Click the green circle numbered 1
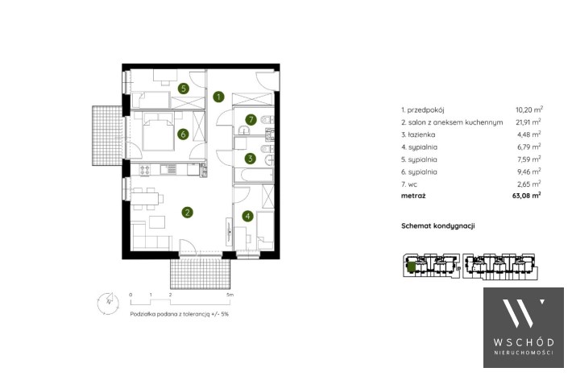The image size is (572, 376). click(218, 97)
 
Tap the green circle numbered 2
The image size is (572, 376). click(188, 213)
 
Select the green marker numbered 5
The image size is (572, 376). click(184, 89)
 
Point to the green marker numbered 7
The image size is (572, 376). click(251, 119)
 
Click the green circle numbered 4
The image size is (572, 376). click(247, 216)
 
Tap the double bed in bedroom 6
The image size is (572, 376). click(158, 131)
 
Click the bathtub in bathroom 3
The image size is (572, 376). click(254, 175)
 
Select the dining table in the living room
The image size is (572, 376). click(145, 199)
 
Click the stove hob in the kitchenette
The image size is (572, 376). click(145, 170)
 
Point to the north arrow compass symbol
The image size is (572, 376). click(108, 303)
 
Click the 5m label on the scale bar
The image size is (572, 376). click(230, 295)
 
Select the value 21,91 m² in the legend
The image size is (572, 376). click(528, 122)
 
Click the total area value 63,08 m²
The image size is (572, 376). click(526, 196)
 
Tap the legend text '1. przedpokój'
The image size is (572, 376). click(423, 109)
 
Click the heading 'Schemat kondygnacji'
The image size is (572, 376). click(437, 225)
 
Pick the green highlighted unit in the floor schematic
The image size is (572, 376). click(411, 267)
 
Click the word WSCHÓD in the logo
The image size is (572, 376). click(524, 342)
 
